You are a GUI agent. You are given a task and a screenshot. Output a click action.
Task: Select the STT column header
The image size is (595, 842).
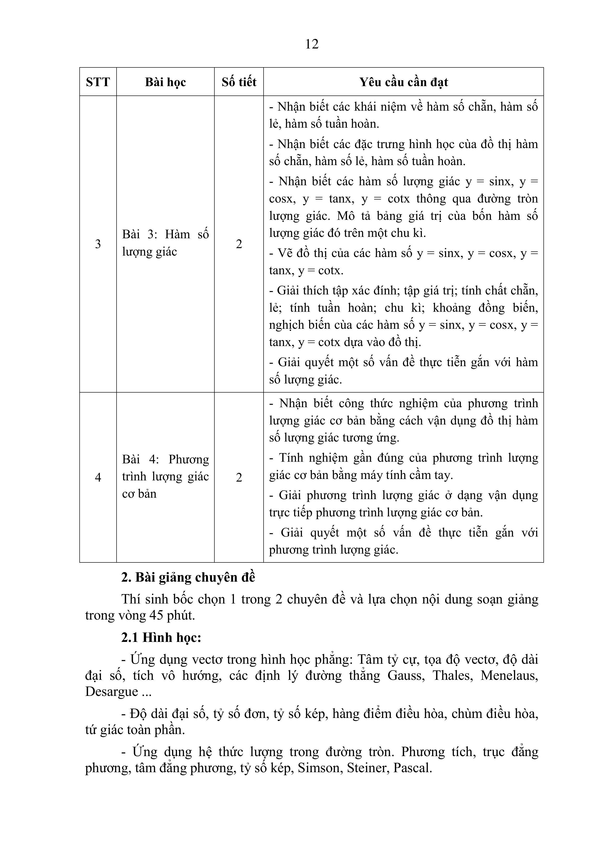point(98,82)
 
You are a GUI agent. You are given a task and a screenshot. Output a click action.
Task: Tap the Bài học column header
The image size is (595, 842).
point(165,82)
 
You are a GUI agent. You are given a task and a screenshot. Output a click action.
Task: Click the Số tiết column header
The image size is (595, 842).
point(239,82)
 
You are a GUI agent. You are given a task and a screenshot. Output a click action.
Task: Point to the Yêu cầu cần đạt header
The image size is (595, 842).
point(403,82)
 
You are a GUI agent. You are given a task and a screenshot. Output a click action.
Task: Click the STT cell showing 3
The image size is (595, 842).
point(98,244)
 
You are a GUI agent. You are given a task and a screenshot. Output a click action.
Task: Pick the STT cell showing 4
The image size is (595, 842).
point(98,477)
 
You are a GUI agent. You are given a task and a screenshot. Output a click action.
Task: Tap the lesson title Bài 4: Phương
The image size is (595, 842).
point(165,459)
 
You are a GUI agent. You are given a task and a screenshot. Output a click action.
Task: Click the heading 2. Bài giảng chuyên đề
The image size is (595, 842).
point(188,578)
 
